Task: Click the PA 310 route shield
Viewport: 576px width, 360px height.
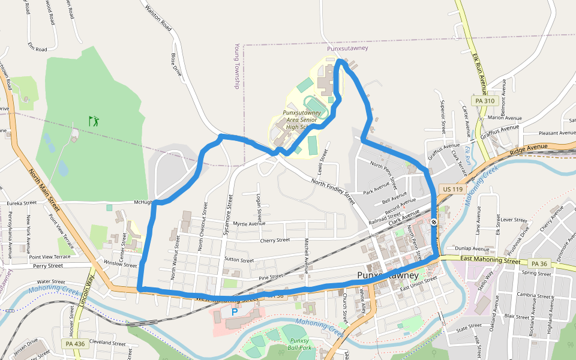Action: [485, 101]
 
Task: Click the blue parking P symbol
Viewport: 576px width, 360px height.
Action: [235, 312]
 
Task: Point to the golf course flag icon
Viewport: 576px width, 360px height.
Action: [94, 121]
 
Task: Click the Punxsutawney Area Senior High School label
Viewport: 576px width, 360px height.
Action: [301, 119]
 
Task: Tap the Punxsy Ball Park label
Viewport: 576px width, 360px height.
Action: [299, 344]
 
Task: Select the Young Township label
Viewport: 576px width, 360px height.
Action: [237, 66]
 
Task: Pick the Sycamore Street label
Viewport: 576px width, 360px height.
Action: [227, 214]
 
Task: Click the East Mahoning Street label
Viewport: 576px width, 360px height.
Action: [490, 260]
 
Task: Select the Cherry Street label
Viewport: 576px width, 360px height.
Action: [275, 240]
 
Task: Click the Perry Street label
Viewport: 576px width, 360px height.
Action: [48, 265]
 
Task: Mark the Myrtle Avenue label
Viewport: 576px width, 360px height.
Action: [249, 223]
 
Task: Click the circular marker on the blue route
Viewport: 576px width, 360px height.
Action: [434, 223]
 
